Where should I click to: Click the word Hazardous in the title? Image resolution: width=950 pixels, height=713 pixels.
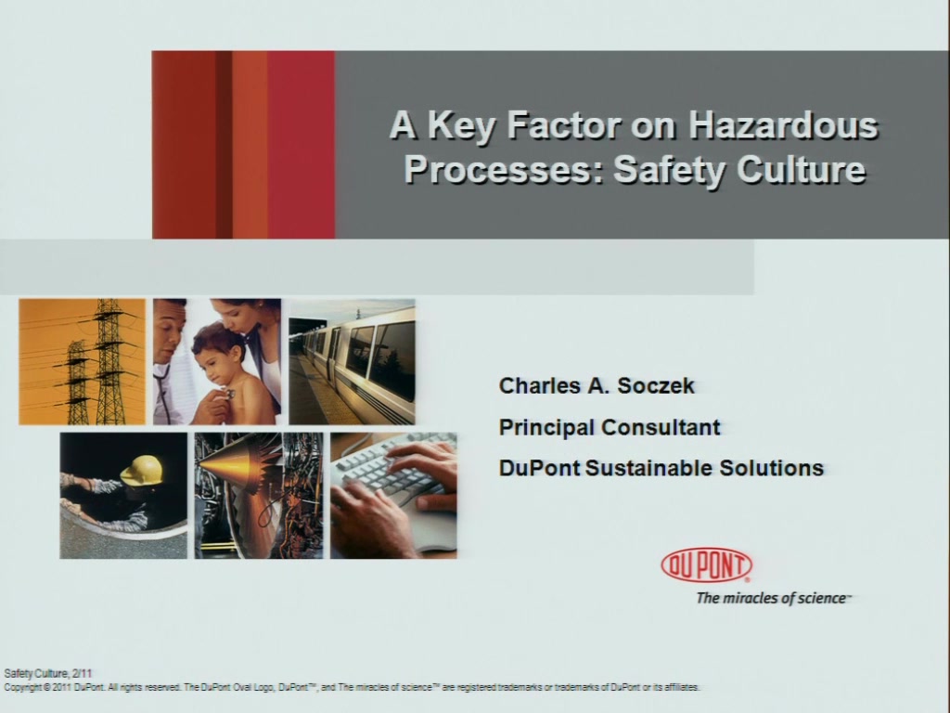click(x=783, y=126)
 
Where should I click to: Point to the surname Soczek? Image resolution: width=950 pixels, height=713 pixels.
click(x=656, y=385)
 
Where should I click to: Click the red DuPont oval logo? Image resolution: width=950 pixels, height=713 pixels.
click(x=706, y=565)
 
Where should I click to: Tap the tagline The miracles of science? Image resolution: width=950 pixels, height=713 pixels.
click(x=774, y=599)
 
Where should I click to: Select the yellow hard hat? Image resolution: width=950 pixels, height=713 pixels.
click(x=142, y=470)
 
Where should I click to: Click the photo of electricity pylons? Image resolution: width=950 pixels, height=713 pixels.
click(x=82, y=361)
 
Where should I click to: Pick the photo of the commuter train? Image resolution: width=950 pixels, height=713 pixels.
click(x=352, y=361)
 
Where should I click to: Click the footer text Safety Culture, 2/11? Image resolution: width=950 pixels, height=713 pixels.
click(x=48, y=673)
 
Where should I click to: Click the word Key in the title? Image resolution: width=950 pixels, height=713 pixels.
click(x=460, y=126)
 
